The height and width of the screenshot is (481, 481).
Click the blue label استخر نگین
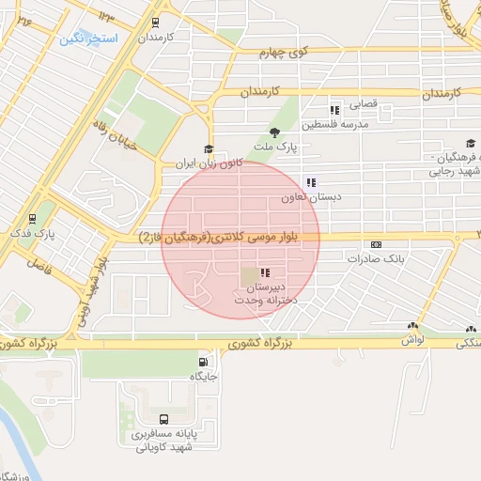[x=88, y=39]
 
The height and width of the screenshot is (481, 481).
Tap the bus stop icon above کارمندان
[x=155, y=23]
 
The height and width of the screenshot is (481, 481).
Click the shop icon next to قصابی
[x=335, y=106]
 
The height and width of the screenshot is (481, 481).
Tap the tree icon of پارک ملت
[x=274, y=132]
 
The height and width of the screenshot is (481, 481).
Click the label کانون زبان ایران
[x=209, y=163]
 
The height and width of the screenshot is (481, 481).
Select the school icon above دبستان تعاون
[x=310, y=183]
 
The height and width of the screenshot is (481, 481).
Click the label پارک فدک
[x=33, y=231]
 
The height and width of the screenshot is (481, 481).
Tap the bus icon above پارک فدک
[x=33, y=216]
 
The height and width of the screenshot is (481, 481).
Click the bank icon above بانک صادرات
[x=377, y=243]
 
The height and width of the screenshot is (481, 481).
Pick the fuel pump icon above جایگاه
[x=203, y=362]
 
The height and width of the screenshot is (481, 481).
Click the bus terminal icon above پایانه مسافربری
[x=165, y=420]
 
